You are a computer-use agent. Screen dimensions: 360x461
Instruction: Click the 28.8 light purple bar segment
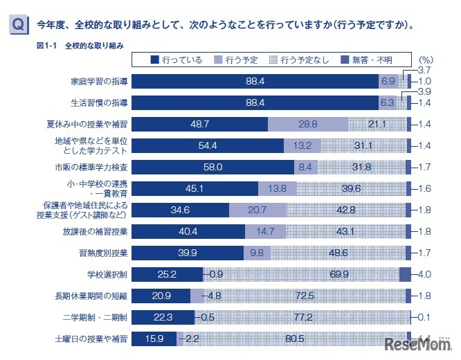point(307,125)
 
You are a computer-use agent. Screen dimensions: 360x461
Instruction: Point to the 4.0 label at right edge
point(425,273)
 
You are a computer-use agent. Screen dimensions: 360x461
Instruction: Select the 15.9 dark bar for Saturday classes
point(154,339)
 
